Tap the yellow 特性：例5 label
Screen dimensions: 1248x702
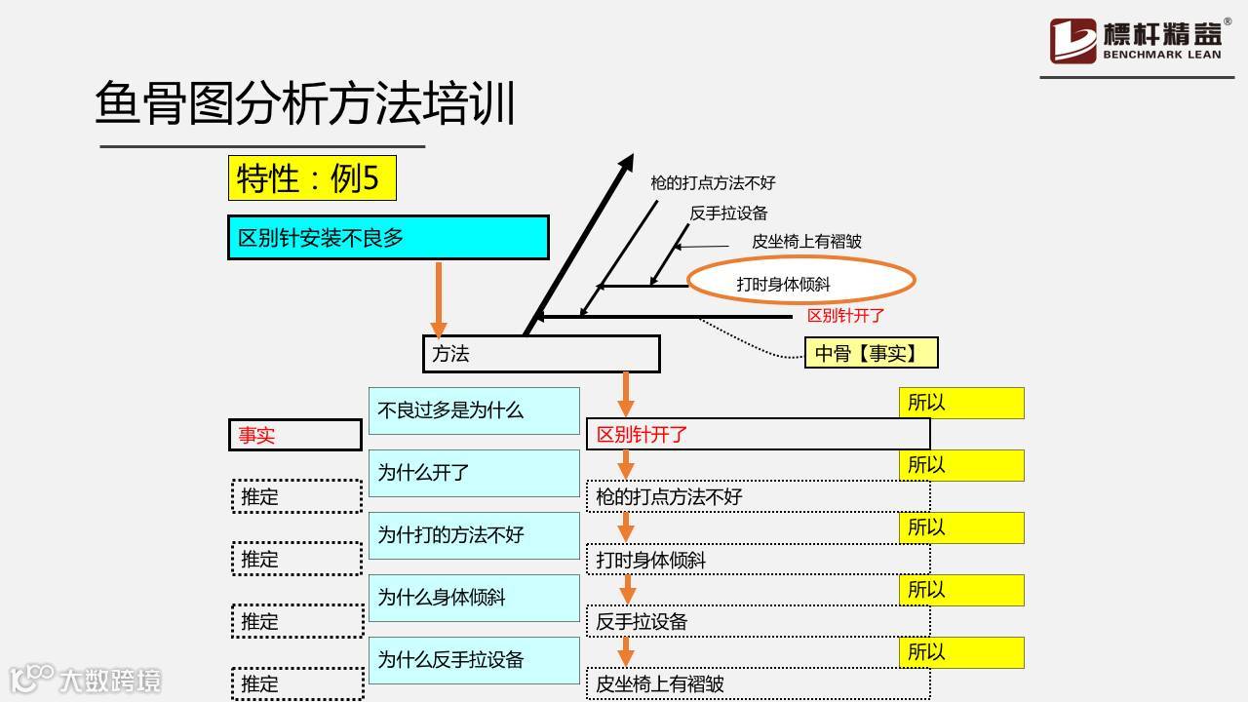tap(312, 178)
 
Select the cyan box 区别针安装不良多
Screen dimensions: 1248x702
tap(388, 238)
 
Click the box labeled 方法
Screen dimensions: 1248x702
tap(541, 354)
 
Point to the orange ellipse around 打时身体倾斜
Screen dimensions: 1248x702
tap(801, 283)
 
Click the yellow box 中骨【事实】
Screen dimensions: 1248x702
tap(872, 353)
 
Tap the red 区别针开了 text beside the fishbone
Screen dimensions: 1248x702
tap(845, 316)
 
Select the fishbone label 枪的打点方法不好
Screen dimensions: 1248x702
tap(713, 182)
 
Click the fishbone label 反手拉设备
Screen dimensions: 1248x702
tap(728, 213)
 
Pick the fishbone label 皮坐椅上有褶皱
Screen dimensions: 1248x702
tap(806, 242)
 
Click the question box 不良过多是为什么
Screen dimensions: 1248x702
tap(474, 410)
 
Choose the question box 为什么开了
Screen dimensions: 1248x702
tap(474, 473)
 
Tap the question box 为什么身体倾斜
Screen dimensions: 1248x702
tap(474, 598)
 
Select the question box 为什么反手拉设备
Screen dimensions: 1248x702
tap(474, 660)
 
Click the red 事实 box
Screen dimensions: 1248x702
tap(294, 435)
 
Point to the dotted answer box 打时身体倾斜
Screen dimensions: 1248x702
tap(758, 560)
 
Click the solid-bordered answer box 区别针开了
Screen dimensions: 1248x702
tap(758, 435)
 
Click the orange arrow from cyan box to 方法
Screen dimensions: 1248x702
tap(439, 297)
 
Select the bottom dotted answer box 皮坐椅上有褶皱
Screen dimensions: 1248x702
tap(758, 683)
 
